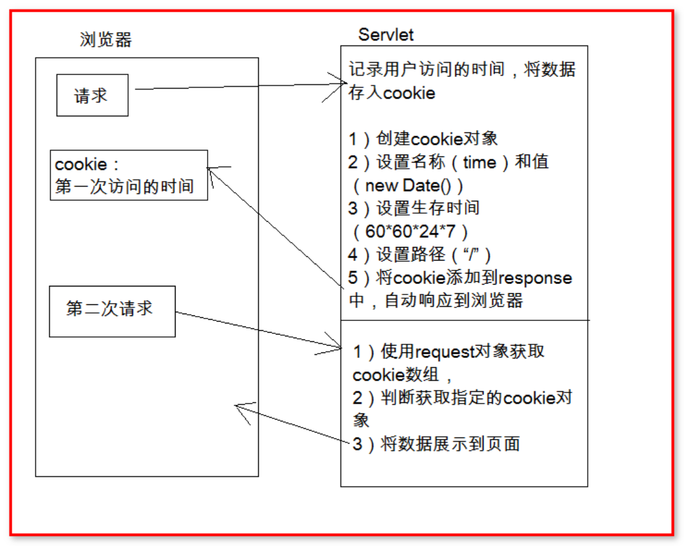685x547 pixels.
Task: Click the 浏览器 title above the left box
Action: [x=106, y=40]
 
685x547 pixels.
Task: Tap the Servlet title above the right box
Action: [x=386, y=34]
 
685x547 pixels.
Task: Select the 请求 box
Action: [x=92, y=95]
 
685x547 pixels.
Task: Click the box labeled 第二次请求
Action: [x=112, y=312]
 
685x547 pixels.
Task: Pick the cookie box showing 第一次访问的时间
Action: [x=129, y=175]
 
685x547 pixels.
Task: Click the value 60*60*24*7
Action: [x=410, y=232]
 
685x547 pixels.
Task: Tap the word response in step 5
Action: [x=535, y=278]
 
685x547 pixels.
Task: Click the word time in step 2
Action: [x=480, y=163]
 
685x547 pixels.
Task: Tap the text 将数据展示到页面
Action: [x=450, y=444]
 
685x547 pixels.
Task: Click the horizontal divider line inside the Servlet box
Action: [x=464, y=320]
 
